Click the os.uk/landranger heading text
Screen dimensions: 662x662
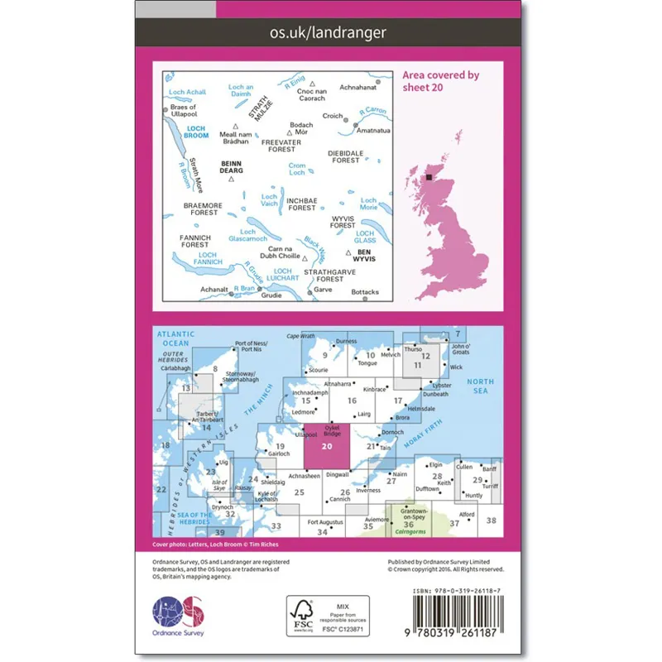coord(329,33)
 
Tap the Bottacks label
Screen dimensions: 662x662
coord(364,292)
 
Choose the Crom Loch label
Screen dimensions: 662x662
coord(297,170)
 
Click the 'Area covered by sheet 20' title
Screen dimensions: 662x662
coord(440,80)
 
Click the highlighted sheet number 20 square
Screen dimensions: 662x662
coord(328,446)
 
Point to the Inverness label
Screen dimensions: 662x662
coord(368,490)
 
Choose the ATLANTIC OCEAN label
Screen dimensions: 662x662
coord(175,338)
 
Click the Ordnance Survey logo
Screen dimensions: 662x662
coord(180,617)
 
